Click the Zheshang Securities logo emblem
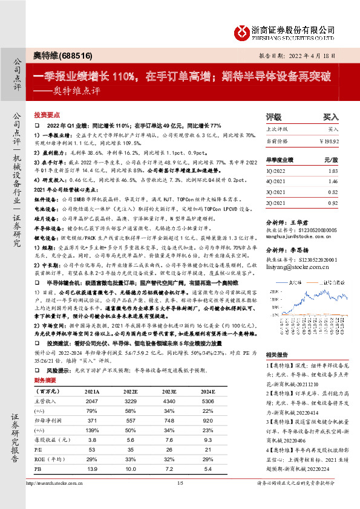point(244,31)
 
